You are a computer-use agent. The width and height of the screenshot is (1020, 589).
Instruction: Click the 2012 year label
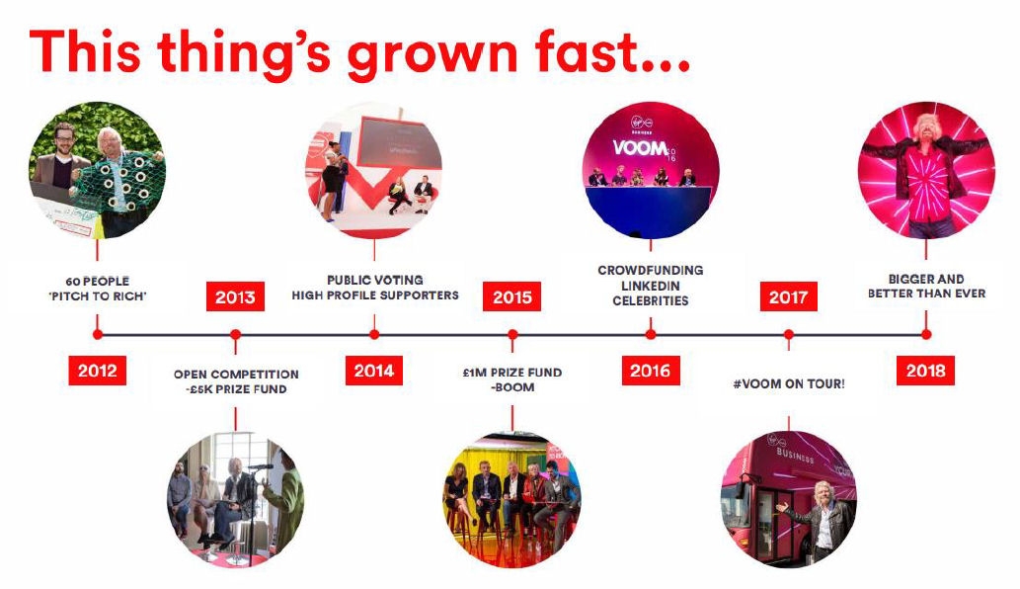(x=97, y=371)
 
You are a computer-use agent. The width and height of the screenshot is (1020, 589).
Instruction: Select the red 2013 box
(x=235, y=296)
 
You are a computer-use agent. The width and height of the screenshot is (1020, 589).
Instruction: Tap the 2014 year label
(x=374, y=371)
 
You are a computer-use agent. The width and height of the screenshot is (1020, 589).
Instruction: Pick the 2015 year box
(x=511, y=296)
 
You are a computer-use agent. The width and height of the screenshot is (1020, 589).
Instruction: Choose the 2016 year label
(x=651, y=371)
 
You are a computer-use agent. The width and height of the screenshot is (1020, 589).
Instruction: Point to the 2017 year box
(x=788, y=296)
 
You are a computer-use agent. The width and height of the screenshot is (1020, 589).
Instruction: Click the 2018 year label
(x=925, y=371)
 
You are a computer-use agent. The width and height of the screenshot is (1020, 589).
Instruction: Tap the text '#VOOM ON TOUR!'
(x=789, y=384)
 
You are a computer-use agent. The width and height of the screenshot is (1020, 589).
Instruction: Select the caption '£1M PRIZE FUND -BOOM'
(x=512, y=379)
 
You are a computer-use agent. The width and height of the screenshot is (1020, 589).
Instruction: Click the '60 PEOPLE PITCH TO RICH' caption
(x=98, y=289)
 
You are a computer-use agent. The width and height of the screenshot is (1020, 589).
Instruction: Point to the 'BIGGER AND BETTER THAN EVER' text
(x=926, y=286)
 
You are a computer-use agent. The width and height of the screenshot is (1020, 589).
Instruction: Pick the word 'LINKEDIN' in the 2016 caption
(x=651, y=286)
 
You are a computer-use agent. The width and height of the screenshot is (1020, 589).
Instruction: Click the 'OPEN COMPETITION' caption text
(x=236, y=375)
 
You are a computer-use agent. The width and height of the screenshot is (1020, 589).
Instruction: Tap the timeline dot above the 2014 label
(x=374, y=335)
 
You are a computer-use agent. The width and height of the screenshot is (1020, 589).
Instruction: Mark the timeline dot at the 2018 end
(x=926, y=335)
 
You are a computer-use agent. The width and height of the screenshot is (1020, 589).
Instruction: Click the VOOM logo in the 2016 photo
(x=640, y=148)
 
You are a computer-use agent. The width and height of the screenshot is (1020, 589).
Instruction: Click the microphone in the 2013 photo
(x=260, y=466)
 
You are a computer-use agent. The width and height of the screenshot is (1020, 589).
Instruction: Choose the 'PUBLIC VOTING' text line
(x=375, y=280)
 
